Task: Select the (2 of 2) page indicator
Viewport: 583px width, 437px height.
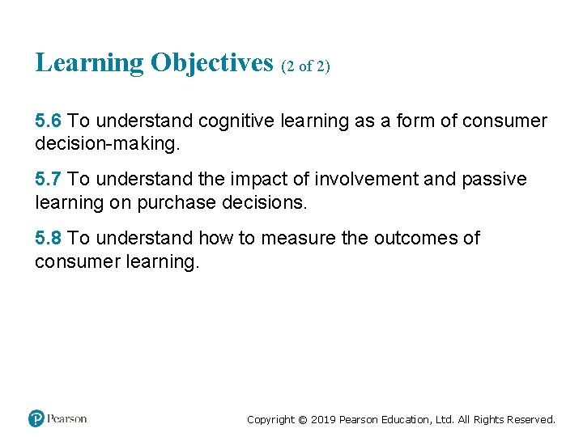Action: [x=306, y=66]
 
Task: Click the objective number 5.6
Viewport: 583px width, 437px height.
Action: [x=49, y=121]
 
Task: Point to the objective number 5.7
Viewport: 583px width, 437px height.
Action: [x=49, y=179]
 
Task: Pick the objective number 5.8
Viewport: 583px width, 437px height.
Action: [x=49, y=238]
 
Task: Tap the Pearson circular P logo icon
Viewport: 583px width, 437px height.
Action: [x=36, y=418]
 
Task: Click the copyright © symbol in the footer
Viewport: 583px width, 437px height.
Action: [x=304, y=419]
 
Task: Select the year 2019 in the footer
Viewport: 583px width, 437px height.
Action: [x=325, y=419]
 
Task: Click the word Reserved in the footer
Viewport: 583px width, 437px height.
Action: [x=530, y=419]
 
